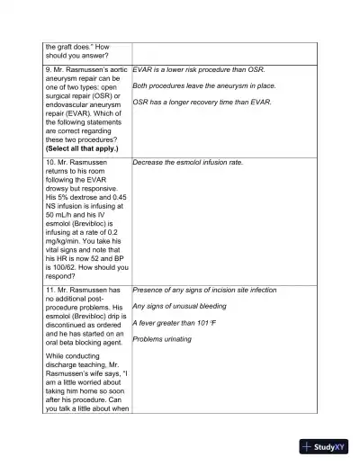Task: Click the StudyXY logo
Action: [325, 446]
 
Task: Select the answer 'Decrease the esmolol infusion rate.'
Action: [188, 163]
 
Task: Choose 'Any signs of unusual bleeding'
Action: [180, 306]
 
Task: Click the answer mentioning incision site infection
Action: [204, 290]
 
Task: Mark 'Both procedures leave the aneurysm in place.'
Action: [203, 85]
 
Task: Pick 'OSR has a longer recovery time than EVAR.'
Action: [202, 102]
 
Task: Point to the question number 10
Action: [49, 163]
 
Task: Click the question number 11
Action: [49, 291]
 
